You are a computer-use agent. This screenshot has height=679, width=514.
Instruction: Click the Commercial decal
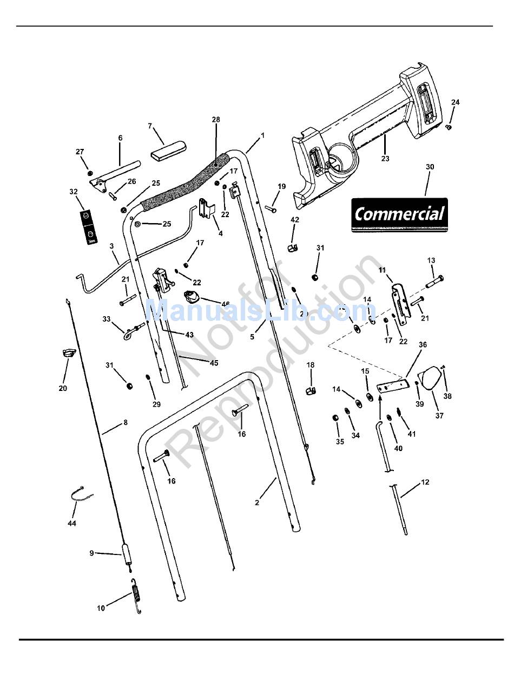(x=399, y=215)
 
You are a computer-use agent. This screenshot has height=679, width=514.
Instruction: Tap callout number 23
(x=385, y=159)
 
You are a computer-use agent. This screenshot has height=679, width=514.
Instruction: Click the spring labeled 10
(x=137, y=596)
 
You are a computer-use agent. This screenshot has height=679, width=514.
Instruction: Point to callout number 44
(x=72, y=524)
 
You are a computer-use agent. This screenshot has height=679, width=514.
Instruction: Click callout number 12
(x=425, y=482)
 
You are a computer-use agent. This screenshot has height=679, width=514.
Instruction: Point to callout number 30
(x=430, y=167)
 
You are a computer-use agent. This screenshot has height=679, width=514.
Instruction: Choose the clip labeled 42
(x=294, y=248)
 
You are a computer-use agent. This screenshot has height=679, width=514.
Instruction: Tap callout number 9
(x=91, y=553)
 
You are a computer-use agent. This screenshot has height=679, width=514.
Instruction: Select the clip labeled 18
(x=311, y=390)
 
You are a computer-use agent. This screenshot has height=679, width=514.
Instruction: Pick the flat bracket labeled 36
(x=392, y=387)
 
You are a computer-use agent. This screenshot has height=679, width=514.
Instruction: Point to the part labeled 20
(x=68, y=354)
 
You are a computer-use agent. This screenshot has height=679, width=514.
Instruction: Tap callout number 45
(x=214, y=363)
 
